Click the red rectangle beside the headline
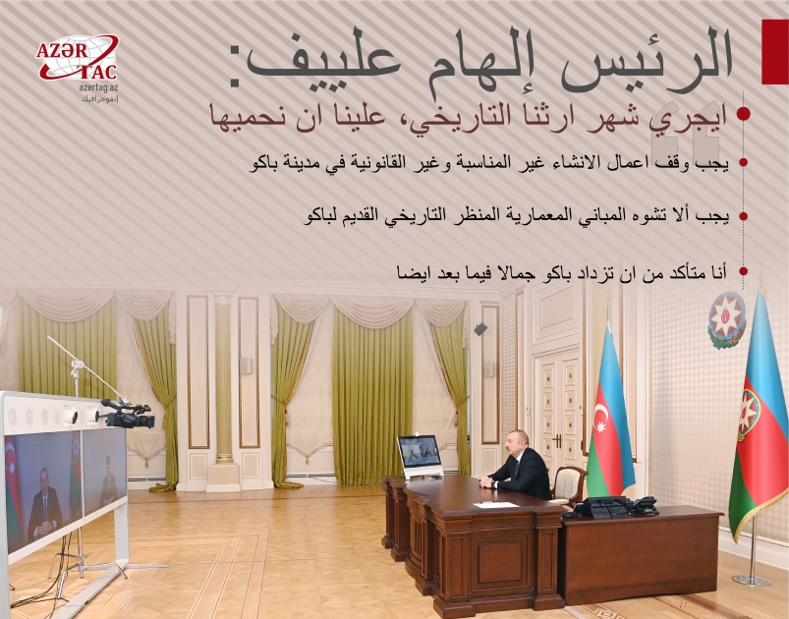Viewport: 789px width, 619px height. coord(774,50)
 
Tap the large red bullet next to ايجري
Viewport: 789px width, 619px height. coord(744,114)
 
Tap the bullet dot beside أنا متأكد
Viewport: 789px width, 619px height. coord(744,270)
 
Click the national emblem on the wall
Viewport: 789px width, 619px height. coord(727,320)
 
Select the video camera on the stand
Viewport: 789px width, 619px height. coord(126,414)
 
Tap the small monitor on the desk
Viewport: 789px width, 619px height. coord(420,455)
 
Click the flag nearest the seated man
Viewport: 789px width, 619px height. coord(609,422)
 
